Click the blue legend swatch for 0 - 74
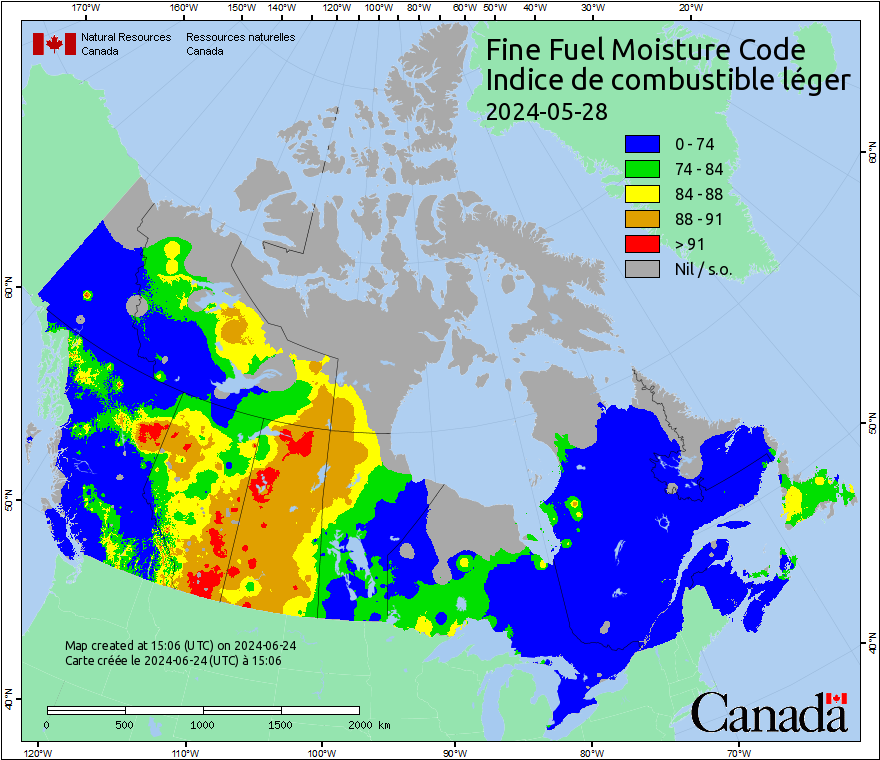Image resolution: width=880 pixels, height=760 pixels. (641, 144)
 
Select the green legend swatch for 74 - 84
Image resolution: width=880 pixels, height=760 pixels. (641, 169)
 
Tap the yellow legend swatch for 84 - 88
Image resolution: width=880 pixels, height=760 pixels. (641, 194)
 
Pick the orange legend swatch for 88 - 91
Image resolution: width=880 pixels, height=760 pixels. (641, 219)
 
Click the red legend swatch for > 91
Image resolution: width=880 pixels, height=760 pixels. (641, 244)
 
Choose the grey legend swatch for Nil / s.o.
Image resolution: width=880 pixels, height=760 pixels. (641, 269)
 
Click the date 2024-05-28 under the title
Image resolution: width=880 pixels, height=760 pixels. (546, 112)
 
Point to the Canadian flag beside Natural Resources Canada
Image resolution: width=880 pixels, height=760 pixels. (54, 44)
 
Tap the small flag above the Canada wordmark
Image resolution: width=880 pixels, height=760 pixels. (836, 698)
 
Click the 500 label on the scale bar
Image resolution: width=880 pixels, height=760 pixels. (124, 724)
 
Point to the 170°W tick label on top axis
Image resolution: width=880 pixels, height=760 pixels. (87, 8)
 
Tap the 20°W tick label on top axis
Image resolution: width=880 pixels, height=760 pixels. (689, 8)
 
